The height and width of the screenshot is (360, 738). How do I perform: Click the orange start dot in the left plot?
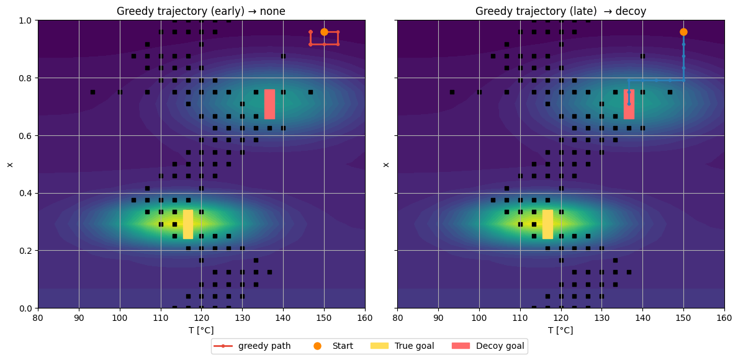324,32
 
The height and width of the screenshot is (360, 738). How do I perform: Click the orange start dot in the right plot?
683,32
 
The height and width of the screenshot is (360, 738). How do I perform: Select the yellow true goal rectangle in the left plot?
188,224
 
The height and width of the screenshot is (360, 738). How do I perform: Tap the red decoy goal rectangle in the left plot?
269,104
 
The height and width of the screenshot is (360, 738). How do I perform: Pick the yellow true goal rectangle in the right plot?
547,224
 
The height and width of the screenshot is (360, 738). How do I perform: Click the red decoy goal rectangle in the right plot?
629,104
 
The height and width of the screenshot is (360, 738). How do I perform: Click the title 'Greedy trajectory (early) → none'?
201,11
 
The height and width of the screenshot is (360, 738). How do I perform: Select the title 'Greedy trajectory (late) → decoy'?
560,11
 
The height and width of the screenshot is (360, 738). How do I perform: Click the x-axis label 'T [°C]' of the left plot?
201,330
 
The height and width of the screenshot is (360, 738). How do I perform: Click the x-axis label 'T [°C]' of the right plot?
560,330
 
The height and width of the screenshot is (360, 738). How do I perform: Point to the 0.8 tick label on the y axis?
25,78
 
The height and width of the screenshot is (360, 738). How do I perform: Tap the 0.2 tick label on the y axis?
25,251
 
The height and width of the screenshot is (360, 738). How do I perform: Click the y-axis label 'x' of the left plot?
9,164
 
